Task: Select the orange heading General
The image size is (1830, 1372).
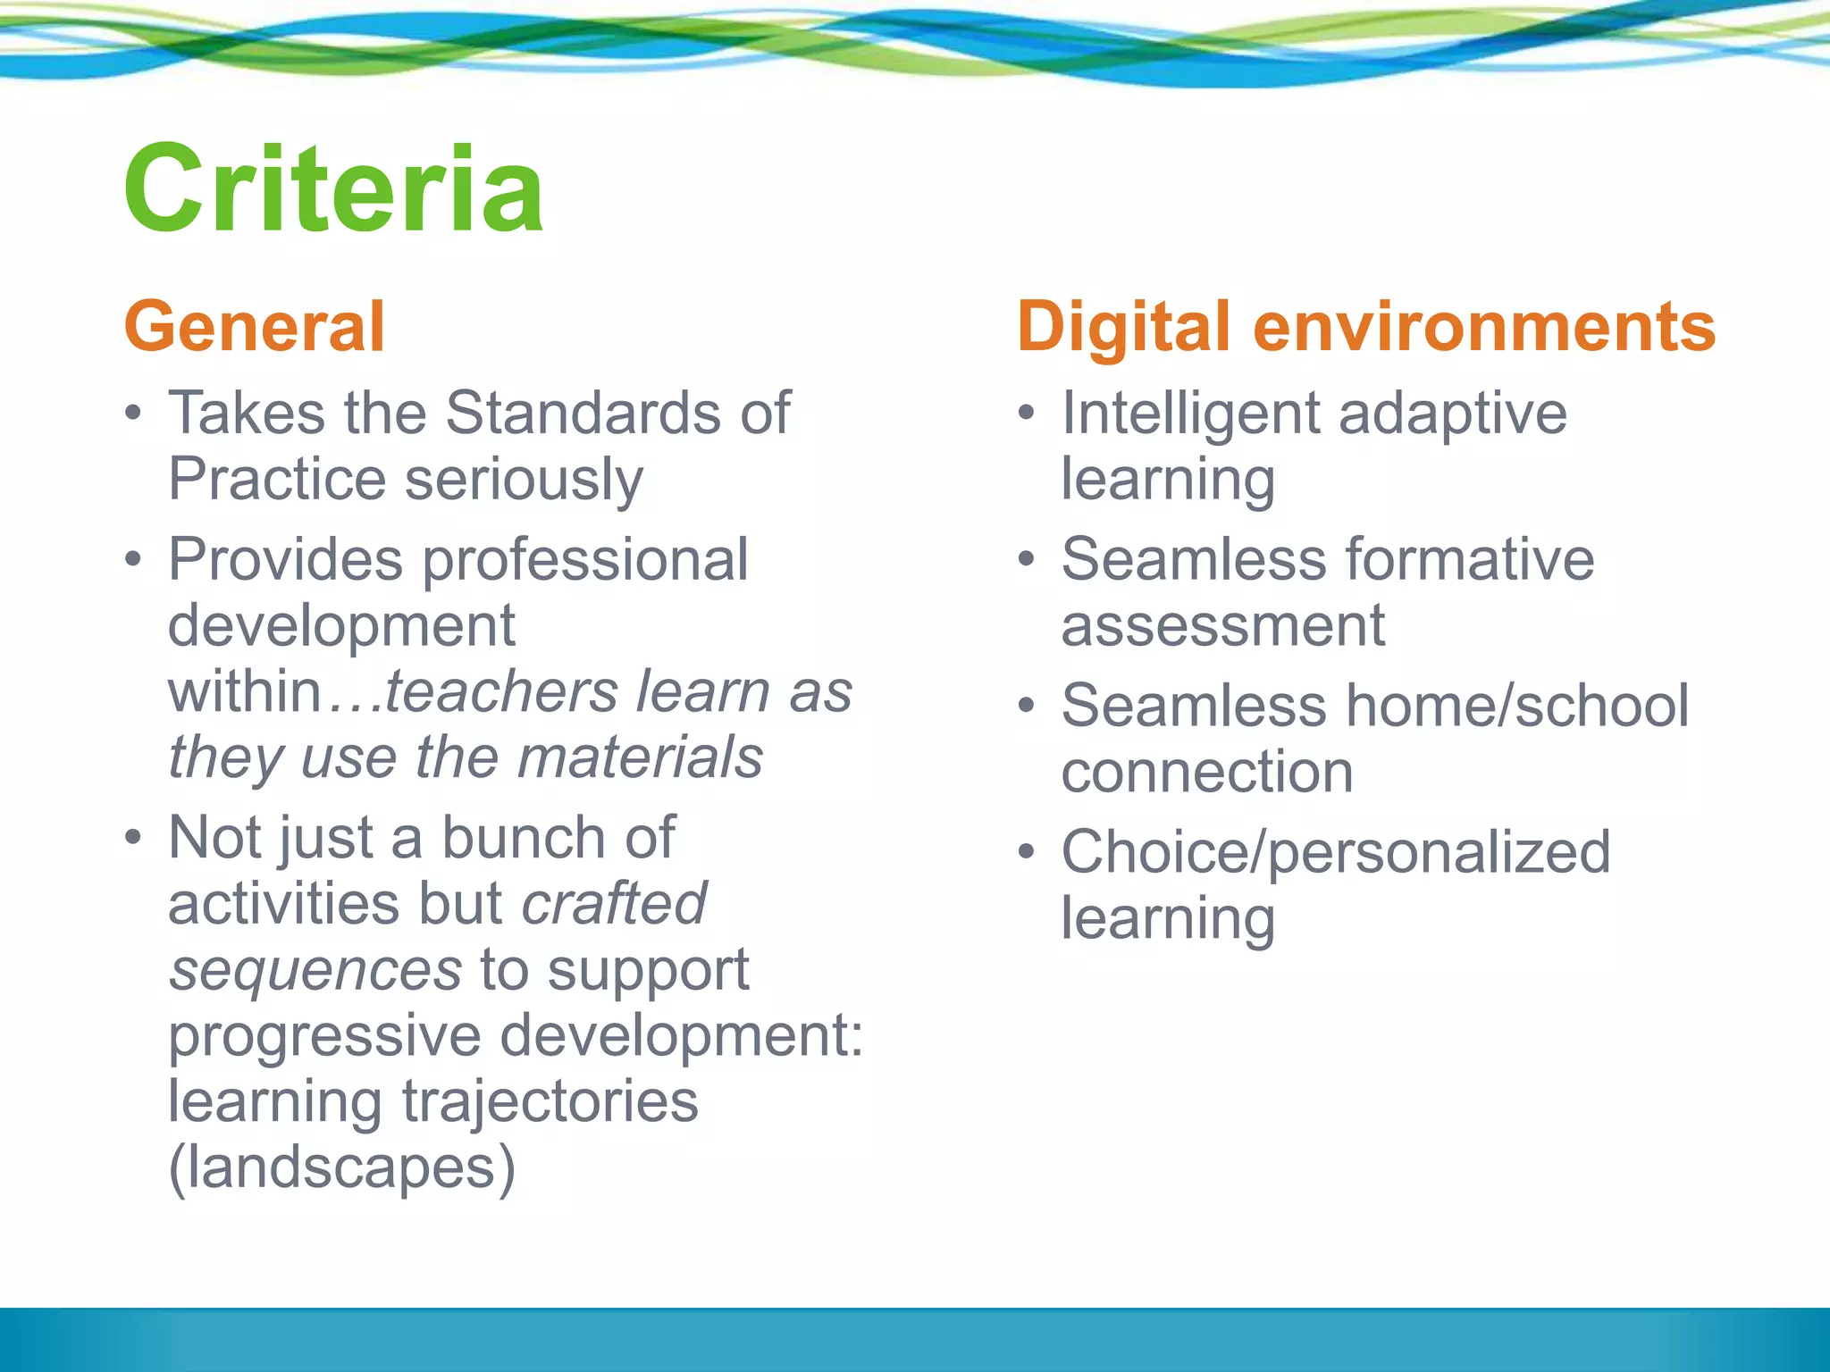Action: click(255, 327)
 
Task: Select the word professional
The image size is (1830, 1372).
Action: click(585, 561)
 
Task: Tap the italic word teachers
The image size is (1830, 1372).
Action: click(501, 692)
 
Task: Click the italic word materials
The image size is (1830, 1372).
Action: click(640, 757)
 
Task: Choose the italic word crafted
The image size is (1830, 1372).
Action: click(615, 904)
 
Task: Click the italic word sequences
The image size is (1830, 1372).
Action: click(315, 971)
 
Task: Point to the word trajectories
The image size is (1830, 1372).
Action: click(550, 1102)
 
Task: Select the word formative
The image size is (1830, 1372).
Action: click(1470, 560)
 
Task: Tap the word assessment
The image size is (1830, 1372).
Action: click(1222, 626)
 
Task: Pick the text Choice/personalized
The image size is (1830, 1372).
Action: click(1336, 852)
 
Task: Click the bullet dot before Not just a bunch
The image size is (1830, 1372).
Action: click(133, 838)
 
